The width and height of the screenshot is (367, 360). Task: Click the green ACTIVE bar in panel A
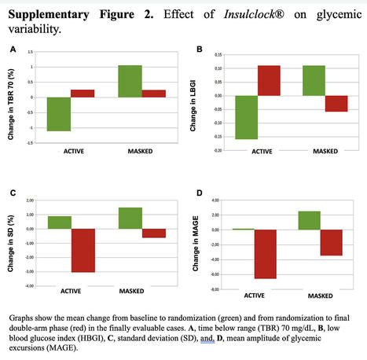click(x=59, y=114)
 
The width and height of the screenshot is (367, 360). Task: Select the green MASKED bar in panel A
click(x=130, y=82)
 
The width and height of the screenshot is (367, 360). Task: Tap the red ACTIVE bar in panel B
click(x=268, y=80)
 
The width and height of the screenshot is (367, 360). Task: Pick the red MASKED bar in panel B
click(x=336, y=104)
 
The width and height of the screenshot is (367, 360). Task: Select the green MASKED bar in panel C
click(x=130, y=218)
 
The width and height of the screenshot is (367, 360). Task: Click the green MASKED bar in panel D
click(x=310, y=220)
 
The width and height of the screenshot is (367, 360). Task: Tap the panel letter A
click(x=12, y=49)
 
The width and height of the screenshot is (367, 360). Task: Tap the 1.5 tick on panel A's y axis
click(x=30, y=53)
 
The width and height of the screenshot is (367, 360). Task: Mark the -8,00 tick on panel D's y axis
click(x=222, y=287)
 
